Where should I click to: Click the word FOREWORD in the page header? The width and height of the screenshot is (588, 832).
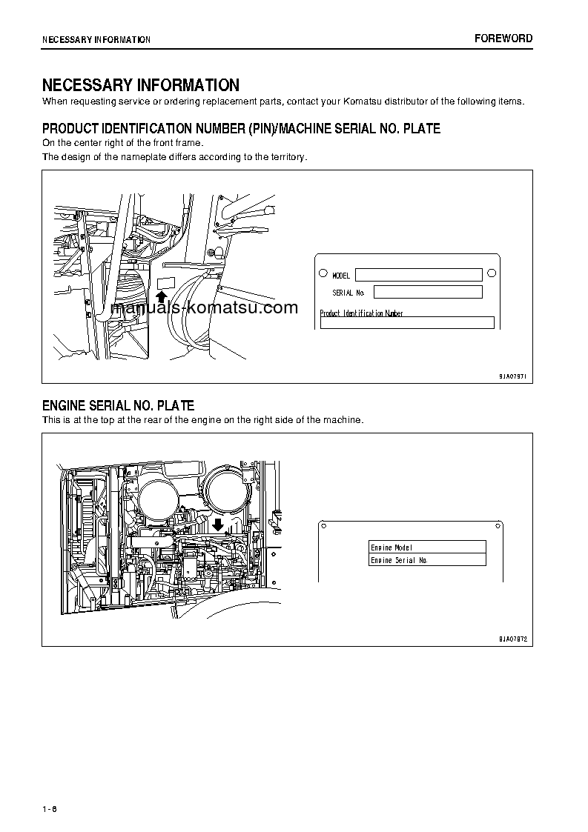pyautogui.click(x=503, y=39)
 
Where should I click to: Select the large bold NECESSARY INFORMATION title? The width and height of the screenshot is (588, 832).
pyautogui.click(x=140, y=85)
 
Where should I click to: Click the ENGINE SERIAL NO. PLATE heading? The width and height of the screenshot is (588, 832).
pyautogui.click(x=118, y=405)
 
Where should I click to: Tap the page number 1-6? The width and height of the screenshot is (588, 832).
pyautogui.click(x=50, y=808)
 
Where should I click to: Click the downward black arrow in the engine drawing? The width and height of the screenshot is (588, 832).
pyautogui.click(x=218, y=525)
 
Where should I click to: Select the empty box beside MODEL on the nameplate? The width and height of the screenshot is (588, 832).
pyautogui.click(x=418, y=275)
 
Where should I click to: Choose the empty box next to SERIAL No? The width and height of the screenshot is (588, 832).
pyautogui.click(x=428, y=292)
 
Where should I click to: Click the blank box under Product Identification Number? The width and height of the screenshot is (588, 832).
pyautogui.click(x=406, y=323)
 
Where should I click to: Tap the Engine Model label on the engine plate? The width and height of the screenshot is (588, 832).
pyautogui.click(x=392, y=548)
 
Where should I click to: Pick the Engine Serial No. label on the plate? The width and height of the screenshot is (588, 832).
pyautogui.click(x=399, y=561)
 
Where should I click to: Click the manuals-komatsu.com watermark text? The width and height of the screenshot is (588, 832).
pyautogui.click(x=204, y=308)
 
